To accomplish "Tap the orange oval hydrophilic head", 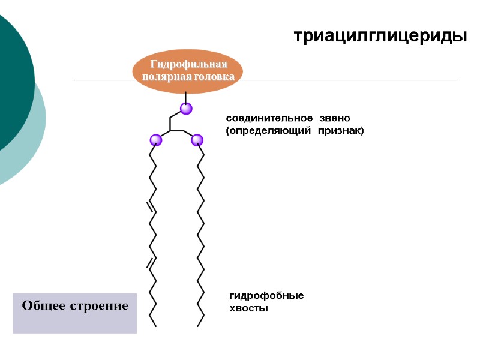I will [187, 71].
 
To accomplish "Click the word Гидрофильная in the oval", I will [188, 65].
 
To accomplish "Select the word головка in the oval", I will [213, 77].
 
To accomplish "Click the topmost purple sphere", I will [186, 109].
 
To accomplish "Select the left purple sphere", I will [156, 140].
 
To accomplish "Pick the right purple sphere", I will [197, 140].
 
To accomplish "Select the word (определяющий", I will [269, 130].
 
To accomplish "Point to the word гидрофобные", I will [266, 296].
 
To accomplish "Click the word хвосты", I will [249, 308].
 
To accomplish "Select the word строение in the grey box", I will [101, 306].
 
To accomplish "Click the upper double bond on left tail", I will [151, 207].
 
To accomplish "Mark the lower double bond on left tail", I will [151, 261].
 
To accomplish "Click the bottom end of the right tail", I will [198, 326].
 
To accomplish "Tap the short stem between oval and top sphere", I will [186, 97].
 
